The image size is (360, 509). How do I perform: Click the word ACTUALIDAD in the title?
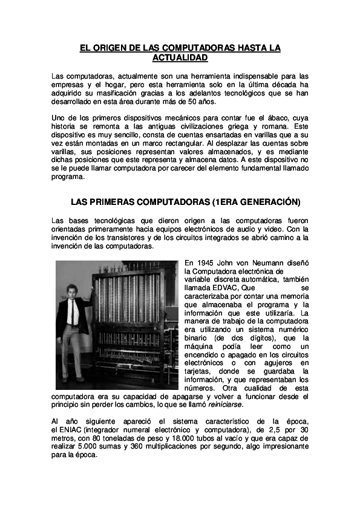coord(180,58)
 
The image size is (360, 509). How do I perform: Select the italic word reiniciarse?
coord(226,405)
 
